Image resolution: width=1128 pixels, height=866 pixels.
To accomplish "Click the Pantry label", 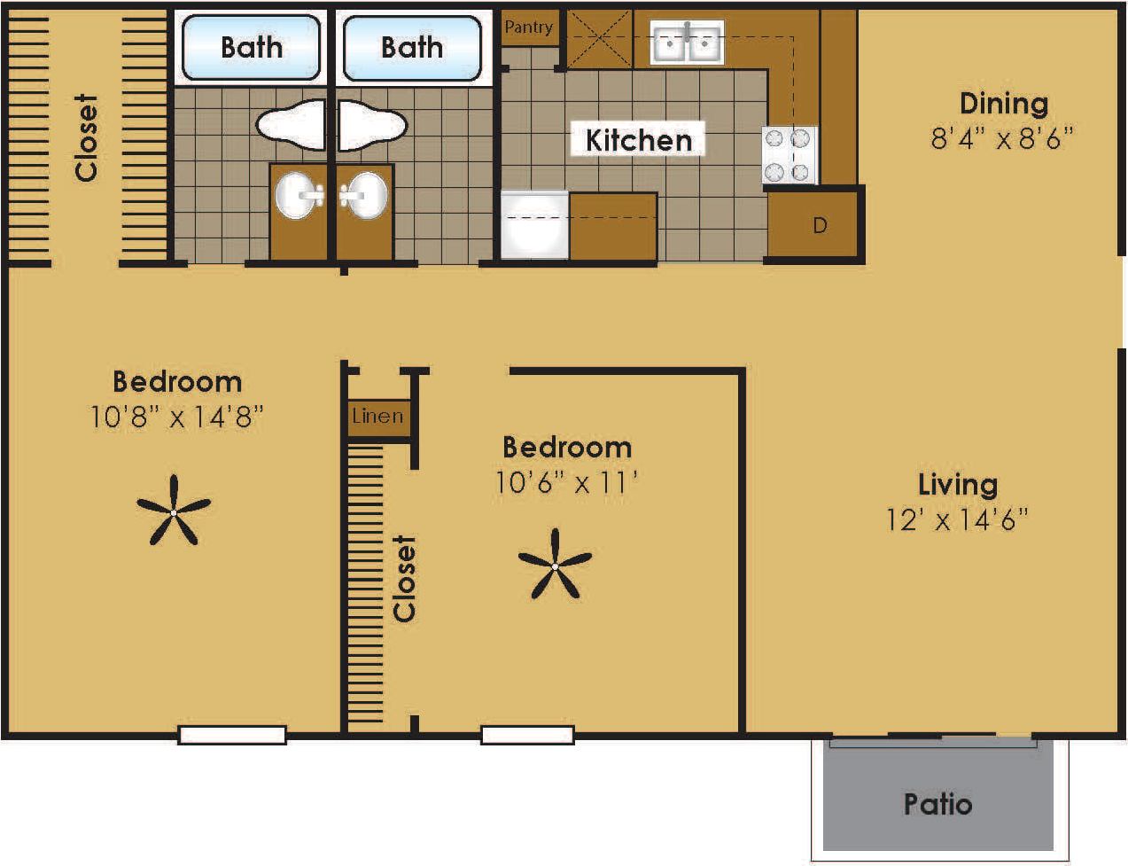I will click(528, 27).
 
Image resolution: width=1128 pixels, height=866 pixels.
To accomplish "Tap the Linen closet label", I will click(377, 416).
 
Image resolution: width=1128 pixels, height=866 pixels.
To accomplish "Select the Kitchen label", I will click(638, 140).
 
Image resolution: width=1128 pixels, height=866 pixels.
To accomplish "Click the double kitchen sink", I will click(687, 43).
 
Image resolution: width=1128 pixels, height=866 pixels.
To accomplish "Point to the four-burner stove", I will click(789, 155).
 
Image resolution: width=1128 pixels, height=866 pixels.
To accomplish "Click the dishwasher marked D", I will click(820, 225).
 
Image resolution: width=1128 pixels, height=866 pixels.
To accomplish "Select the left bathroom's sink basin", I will click(299, 196).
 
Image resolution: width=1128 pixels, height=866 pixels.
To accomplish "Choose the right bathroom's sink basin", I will click(364, 195).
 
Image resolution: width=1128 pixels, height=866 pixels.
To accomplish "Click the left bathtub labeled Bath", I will click(251, 47).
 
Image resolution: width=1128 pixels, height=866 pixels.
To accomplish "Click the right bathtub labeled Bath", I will click(412, 47).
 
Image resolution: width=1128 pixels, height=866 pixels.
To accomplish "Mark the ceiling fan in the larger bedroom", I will click(174, 511).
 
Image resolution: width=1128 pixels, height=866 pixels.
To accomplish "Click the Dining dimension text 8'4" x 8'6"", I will click(1002, 139).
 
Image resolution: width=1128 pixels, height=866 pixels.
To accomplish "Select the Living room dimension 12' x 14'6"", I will click(957, 519).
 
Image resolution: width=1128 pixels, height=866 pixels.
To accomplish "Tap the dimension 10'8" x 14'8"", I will click(176, 417).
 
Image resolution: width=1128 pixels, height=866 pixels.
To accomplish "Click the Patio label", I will click(937, 804).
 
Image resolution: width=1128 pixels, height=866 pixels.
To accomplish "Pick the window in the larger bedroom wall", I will click(232, 735).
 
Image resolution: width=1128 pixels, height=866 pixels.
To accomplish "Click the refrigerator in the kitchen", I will click(534, 225).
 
